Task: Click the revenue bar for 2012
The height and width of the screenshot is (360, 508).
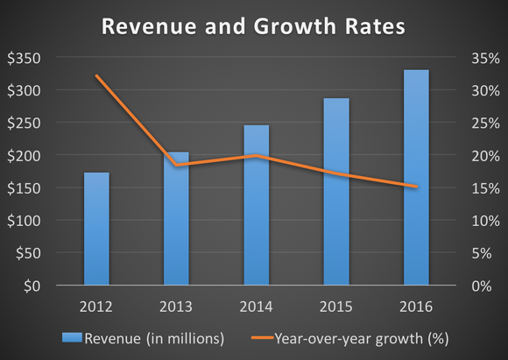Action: pos(97,229)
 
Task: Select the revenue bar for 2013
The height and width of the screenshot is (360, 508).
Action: pos(177,219)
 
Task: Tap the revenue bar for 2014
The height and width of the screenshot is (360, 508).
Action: pos(257,205)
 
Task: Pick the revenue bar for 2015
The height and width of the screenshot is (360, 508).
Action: pos(336,192)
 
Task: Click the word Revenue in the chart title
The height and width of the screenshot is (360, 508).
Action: pos(146,26)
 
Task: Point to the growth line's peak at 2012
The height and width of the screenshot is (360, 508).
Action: pos(97,76)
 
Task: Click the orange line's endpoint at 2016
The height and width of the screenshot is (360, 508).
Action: pos(416,186)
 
